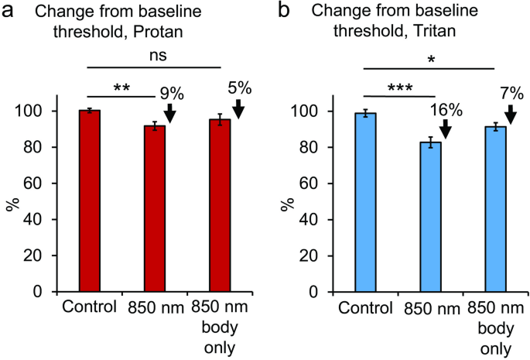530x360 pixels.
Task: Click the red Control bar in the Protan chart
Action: coord(90,201)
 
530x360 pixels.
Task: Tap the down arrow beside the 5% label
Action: coord(238,108)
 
